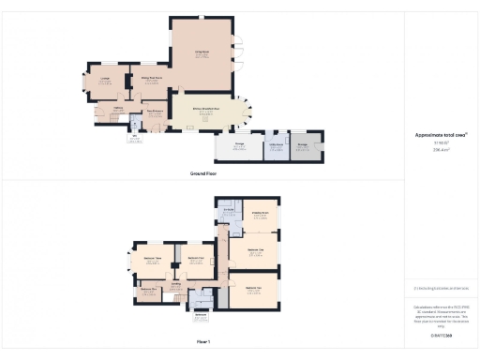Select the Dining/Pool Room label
point(152,80)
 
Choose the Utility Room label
point(275,145)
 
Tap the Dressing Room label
point(260,215)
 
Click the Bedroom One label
point(254,251)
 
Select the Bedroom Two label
point(253,288)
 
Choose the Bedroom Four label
point(196,258)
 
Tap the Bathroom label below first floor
point(201,315)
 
